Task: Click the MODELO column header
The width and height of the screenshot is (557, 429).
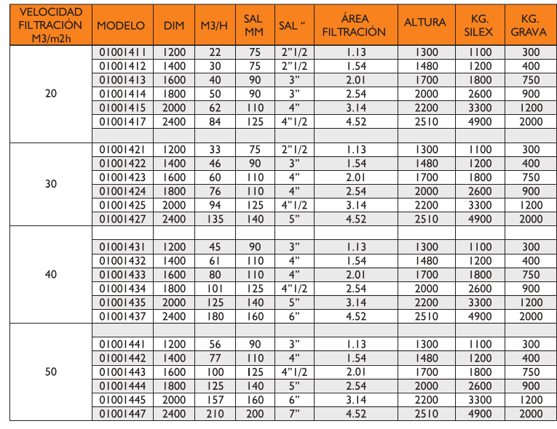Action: click(121, 25)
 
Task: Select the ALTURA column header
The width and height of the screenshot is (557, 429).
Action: click(425, 23)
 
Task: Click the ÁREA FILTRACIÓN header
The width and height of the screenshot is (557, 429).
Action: click(354, 25)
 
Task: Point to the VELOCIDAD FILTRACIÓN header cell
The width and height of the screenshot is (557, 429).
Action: click(51, 25)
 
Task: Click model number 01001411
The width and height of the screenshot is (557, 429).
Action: click(121, 52)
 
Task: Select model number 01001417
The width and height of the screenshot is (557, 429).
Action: click(121, 121)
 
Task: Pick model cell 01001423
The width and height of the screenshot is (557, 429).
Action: click(121, 177)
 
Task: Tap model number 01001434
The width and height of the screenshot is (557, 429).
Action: click(121, 289)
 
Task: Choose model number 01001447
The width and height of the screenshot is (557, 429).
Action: click(121, 414)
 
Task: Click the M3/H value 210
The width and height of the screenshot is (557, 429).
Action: click(214, 414)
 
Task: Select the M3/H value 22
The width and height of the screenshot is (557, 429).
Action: click(214, 52)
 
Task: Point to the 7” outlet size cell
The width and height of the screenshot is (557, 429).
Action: click(294, 414)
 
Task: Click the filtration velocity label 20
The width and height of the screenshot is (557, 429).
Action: click(51, 94)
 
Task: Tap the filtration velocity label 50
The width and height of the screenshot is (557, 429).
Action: click(51, 372)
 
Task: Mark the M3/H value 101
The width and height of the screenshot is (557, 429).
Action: click(214, 289)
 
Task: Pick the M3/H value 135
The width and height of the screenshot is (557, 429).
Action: click(214, 218)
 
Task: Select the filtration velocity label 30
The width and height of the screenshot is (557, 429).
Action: click(51, 184)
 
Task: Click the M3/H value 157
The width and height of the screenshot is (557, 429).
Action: click(214, 400)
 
